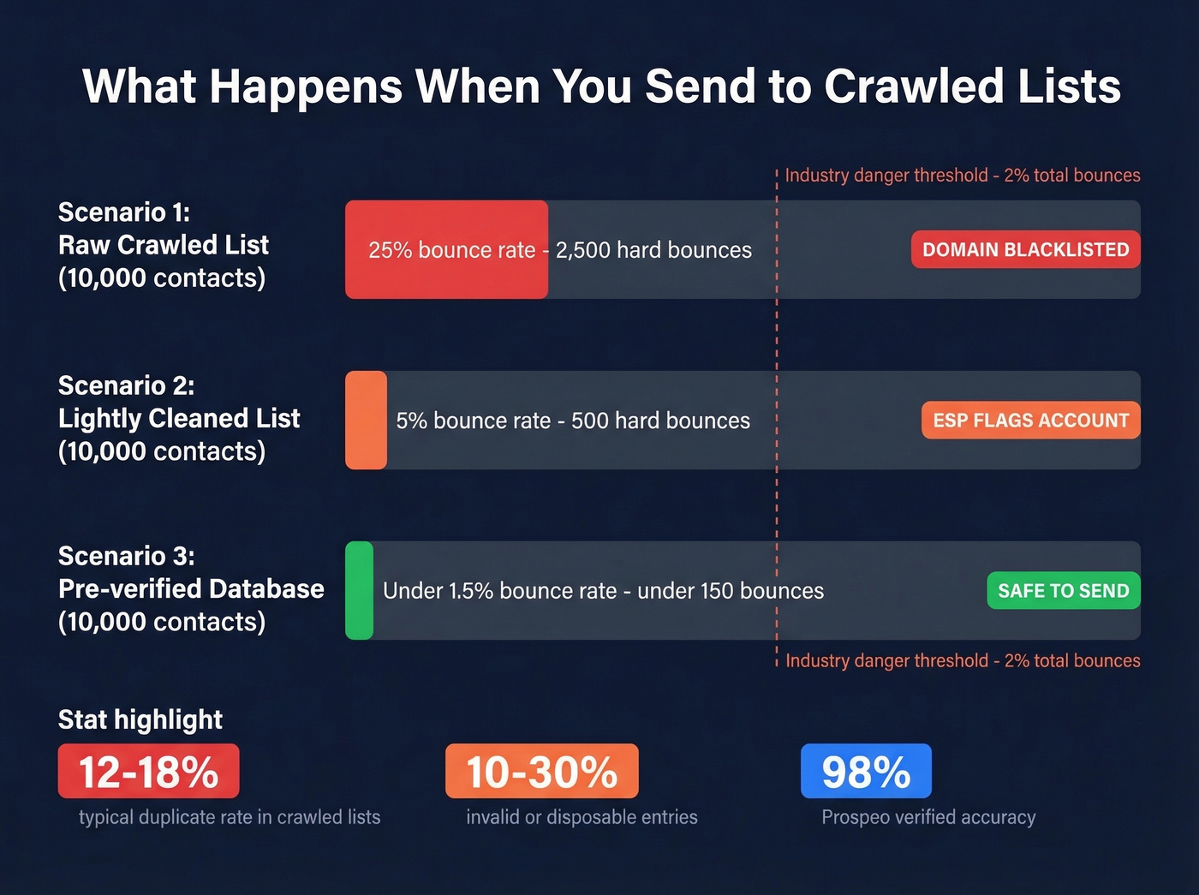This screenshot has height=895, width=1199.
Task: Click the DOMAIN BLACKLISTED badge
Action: (x=1025, y=249)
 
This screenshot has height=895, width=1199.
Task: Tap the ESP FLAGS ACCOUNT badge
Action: (x=1030, y=420)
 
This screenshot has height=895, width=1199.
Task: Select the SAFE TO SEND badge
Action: (x=1063, y=590)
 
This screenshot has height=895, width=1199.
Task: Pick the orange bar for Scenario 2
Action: (x=366, y=420)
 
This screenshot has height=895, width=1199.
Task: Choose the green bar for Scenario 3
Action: (x=359, y=590)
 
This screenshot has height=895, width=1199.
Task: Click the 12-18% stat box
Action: (x=148, y=771)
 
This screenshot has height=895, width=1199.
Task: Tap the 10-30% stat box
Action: (x=541, y=771)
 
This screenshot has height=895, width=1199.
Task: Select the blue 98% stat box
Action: (x=866, y=771)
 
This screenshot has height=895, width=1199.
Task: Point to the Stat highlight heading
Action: (x=140, y=719)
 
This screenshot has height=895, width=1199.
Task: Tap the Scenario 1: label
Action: (x=123, y=212)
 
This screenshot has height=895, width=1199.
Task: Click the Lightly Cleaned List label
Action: (x=179, y=418)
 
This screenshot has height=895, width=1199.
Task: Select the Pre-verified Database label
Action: (x=191, y=588)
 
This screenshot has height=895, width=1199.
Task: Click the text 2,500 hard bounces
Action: (x=653, y=250)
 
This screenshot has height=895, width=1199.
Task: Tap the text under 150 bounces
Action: (x=731, y=591)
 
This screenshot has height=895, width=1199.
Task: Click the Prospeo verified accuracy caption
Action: (x=928, y=817)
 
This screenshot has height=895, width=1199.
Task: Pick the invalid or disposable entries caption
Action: (x=582, y=817)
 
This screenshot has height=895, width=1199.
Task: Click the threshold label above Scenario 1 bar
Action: (x=963, y=176)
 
